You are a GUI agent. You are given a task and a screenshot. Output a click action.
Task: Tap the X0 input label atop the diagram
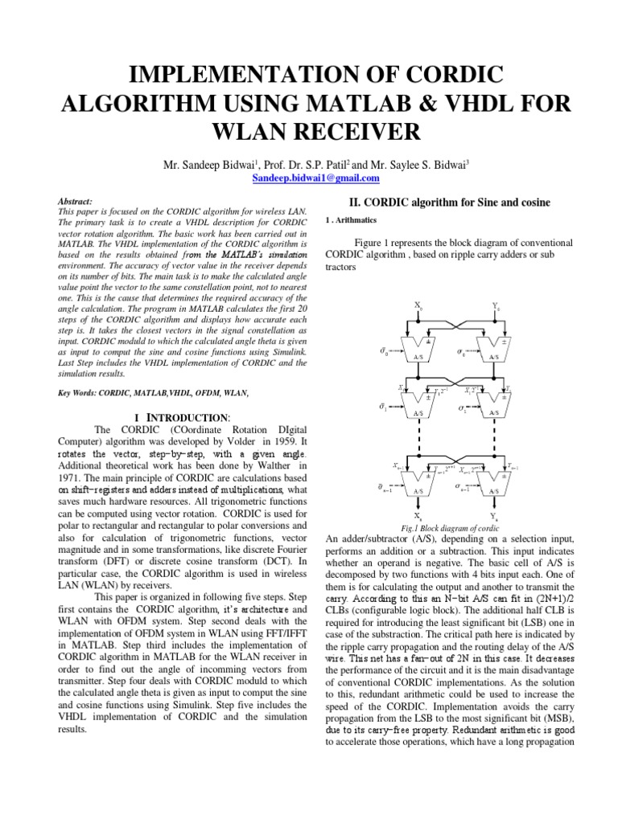(x=417, y=305)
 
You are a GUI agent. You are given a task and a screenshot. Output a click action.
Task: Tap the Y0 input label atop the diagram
(x=494, y=305)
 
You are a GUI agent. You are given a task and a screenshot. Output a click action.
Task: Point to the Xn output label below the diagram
(x=418, y=516)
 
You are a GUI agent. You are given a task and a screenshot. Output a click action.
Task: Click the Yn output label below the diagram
(x=495, y=516)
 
